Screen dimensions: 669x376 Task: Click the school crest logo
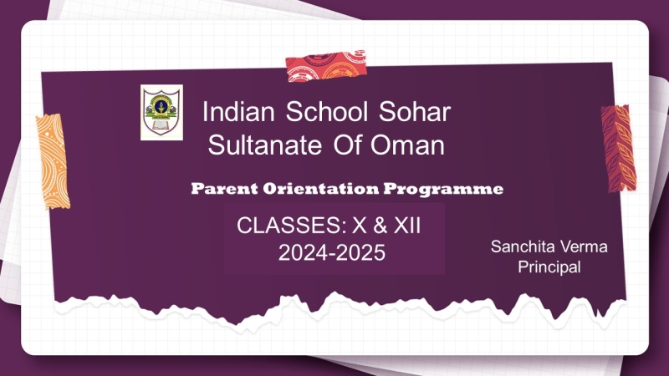tap(161, 112)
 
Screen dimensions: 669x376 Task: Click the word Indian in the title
tap(238, 112)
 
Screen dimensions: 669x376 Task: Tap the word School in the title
tap(326, 112)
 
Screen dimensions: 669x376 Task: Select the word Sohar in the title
tap(415, 112)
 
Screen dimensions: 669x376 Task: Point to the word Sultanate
tap(264, 145)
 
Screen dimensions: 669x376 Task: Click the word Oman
tap(407, 145)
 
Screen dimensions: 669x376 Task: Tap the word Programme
tap(443, 189)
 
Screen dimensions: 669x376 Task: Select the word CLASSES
tap(291, 225)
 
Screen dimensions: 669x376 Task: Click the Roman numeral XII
tap(407, 225)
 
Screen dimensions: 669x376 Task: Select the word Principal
tap(549, 267)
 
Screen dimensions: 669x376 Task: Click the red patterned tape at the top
tap(326, 66)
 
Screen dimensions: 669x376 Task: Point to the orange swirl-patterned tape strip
tap(53, 161)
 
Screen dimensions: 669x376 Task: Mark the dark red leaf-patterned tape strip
tap(618, 149)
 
